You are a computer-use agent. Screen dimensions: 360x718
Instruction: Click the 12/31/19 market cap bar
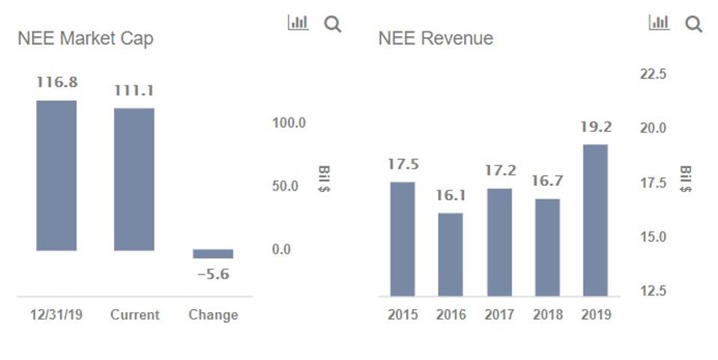click(x=56, y=175)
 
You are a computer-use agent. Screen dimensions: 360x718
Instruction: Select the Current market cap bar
click(x=134, y=179)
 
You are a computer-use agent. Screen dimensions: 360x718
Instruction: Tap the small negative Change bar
click(x=213, y=253)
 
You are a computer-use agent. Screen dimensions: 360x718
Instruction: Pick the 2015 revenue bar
click(x=402, y=238)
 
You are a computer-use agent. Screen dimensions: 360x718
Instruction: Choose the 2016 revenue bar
click(x=450, y=254)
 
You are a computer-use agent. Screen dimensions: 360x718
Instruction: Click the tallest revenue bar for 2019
click(x=595, y=220)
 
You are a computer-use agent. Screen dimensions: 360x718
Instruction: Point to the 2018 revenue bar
click(x=547, y=247)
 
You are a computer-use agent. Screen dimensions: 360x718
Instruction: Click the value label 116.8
click(x=57, y=82)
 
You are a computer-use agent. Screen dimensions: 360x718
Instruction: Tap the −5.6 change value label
click(x=213, y=274)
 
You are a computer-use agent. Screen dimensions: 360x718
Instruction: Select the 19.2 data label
click(x=596, y=127)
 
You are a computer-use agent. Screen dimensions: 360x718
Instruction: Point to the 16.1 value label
click(x=450, y=196)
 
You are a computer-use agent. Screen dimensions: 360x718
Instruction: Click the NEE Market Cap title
click(x=85, y=38)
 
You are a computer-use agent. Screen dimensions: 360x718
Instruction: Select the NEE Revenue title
click(x=435, y=38)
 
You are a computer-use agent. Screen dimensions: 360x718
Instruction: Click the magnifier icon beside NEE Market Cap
click(x=333, y=24)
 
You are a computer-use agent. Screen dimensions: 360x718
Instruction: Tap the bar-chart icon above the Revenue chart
click(x=659, y=23)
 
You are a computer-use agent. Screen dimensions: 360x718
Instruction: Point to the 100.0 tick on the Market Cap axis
click(x=289, y=123)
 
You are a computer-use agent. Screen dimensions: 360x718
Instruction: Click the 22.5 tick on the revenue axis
click(x=653, y=74)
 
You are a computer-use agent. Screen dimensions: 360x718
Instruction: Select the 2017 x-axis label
click(x=499, y=315)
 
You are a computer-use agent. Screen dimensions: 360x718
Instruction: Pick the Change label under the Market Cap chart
click(x=213, y=315)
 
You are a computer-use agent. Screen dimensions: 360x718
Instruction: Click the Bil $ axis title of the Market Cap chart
click(x=325, y=178)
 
